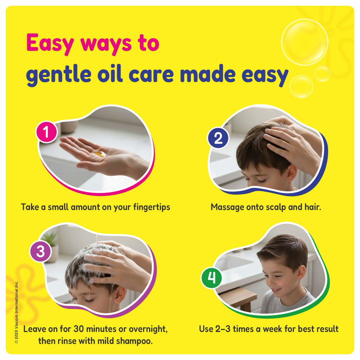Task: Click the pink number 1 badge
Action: [x=46, y=132]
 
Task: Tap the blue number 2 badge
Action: [x=218, y=138]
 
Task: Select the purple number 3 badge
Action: [x=40, y=251]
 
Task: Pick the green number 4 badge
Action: [x=211, y=278]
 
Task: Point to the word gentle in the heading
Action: [x=58, y=74]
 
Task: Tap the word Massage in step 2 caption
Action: [x=227, y=207]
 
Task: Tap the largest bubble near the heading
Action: [x=304, y=42]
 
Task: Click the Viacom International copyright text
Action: [x=16, y=312]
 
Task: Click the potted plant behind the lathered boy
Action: [x=51, y=246]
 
